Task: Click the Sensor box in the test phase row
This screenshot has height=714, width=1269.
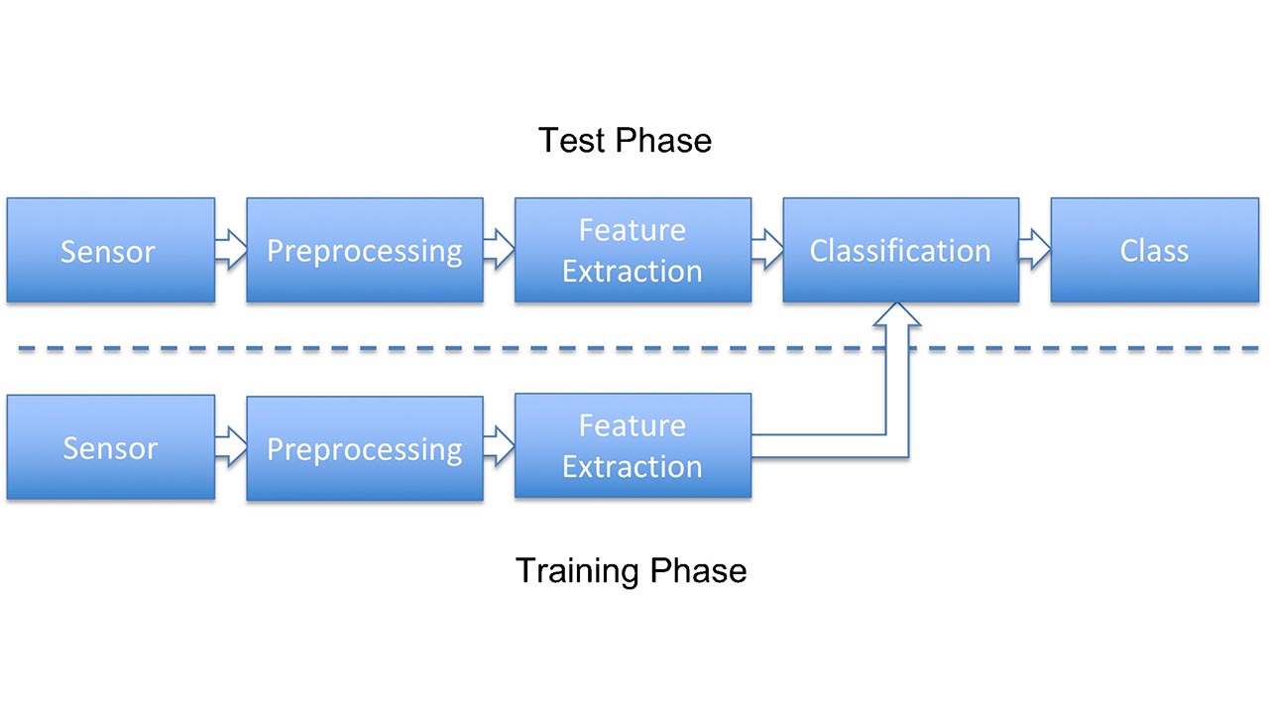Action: pyautogui.click(x=110, y=250)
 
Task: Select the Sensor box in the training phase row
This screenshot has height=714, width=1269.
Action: pyautogui.click(x=110, y=447)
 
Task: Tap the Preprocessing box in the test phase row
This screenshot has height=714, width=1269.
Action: pyautogui.click(x=365, y=250)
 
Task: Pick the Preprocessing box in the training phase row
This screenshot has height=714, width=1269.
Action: pyautogui.click(x=365, y=448)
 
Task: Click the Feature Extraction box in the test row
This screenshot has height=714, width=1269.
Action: pyautogui.click(x=633, y=250)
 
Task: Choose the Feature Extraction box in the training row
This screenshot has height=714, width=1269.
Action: pyautogui.click(x=633, y=446)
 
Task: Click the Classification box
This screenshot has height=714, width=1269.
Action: pyautogui.click(x=900, y=250)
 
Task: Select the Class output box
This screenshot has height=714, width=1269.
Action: pyautogui.click(x=1154, y=250)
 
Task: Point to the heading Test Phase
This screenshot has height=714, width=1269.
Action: pyautogui.click(x=625, y=140)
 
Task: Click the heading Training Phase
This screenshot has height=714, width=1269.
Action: pyautogui.click(x=631, y=570)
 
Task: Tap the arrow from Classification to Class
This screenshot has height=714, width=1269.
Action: pyautogui.click(x=1035, y=250)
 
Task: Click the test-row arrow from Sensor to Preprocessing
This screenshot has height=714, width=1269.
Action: pyautogui.click(x=231, y=250)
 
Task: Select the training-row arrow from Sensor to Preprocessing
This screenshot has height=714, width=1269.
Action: pyautogui.click(x=231, y=447)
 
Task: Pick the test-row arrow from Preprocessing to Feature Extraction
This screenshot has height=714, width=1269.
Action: pyautogui.click(x=499, y=250)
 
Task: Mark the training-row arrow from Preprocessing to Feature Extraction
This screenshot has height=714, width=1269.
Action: pyautogui.click(x=499, y=447)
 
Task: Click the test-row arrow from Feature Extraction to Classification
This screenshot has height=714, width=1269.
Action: pyautogui.click(x=767, y=250)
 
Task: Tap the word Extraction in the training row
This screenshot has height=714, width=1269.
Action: pyautogui.click(x=633, y=466)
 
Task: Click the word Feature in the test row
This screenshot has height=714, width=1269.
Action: pyautogui.click(x=633, y=230)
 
